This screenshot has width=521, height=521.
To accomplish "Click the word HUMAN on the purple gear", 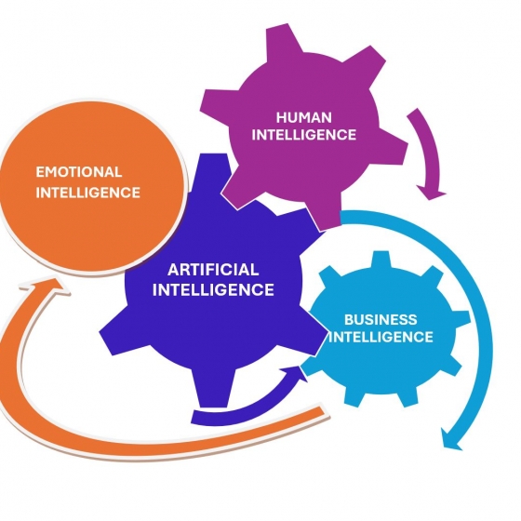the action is click(x=303, y=117).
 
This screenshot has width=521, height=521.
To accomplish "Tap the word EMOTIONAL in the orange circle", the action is click(x=79, y=172).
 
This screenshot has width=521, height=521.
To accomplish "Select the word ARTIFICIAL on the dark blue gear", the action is click(x=213, y=270).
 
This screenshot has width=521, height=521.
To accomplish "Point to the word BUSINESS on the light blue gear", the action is click(x=381, y=320).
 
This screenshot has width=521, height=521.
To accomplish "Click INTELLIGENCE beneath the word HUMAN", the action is click(x=303, y=135).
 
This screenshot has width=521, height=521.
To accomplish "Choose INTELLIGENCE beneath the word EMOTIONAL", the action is click(x=87, y=193).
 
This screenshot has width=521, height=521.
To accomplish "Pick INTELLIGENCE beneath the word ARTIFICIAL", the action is click(x=213, y=289).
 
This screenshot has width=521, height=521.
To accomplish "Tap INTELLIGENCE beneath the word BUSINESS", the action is click(x=381, y=337).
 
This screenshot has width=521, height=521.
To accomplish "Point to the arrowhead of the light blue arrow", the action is click(x=451, y=439).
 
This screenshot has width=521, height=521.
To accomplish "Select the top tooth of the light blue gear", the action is click(x=381, y=260).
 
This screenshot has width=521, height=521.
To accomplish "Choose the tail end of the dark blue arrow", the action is click(x=194, y=417).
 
